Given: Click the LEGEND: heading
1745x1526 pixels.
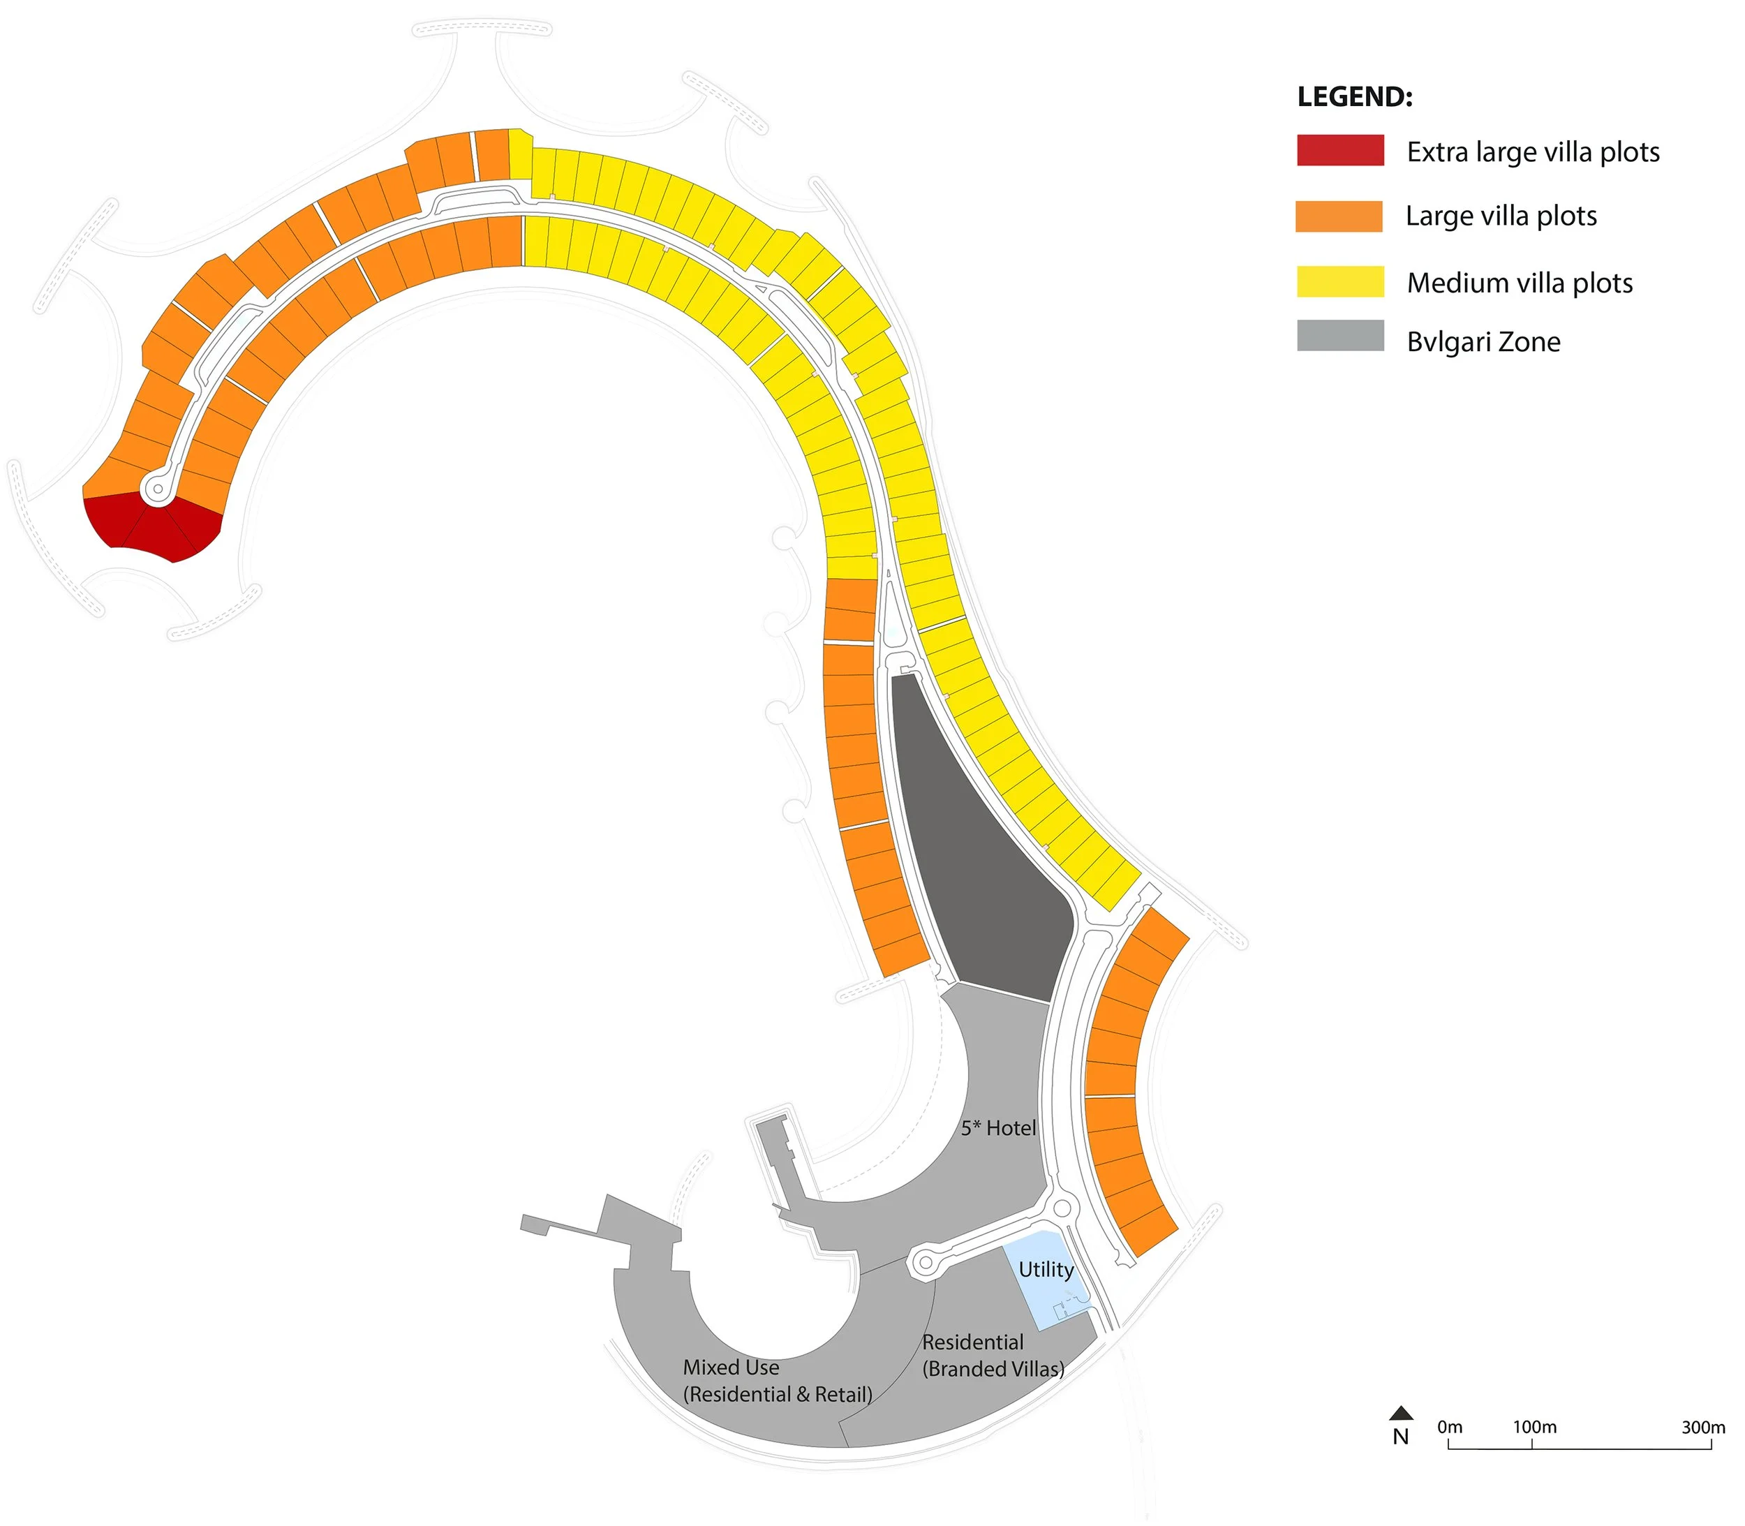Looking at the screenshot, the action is pyautogui.click(x=1354, y=97).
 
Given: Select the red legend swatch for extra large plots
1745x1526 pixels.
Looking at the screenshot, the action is pyautogui.click(x=1339, y=150).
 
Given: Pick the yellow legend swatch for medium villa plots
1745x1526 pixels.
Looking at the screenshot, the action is pyautogui.click(x=1339, y=282).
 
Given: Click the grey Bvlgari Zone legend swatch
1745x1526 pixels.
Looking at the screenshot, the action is pyautogui.click(x=1339, y=336).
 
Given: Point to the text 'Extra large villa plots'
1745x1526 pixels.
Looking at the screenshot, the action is pyautogui.click(x=1533, y=152).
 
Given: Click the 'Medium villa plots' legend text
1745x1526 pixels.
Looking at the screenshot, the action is pyautogui.click(x=1520, y=283).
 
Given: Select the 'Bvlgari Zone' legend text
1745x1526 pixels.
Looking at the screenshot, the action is pyautogui.click(x=1483, y=341).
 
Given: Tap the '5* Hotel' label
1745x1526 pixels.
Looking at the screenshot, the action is pyautogui.click(x=998, y=1128).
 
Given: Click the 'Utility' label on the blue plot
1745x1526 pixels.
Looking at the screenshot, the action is pyautogui.click(x=1046, y=1270).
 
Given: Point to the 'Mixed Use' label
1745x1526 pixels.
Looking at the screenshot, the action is pyautogui.click(x=731, y=1368).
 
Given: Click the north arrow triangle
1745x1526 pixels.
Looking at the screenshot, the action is pyautogui.click(x=1401, y=1414).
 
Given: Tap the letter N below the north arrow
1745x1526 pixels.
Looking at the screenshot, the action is pyautogui.click(x=1401, y=1437).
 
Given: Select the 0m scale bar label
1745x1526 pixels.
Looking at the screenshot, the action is pyautogui.click(x=1450, y=1426).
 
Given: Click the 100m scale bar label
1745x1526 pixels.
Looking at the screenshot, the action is pyautogui.click(x=1535, y=1426).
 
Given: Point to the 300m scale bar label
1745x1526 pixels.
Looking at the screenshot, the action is pyautogui.click(x=1703, y=1426).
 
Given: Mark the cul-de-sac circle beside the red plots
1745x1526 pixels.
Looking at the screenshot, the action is pyautogui.click(x=158, y=489).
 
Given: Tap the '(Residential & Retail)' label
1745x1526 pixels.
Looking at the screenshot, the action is pyautogui.click(x=778, y=1395).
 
